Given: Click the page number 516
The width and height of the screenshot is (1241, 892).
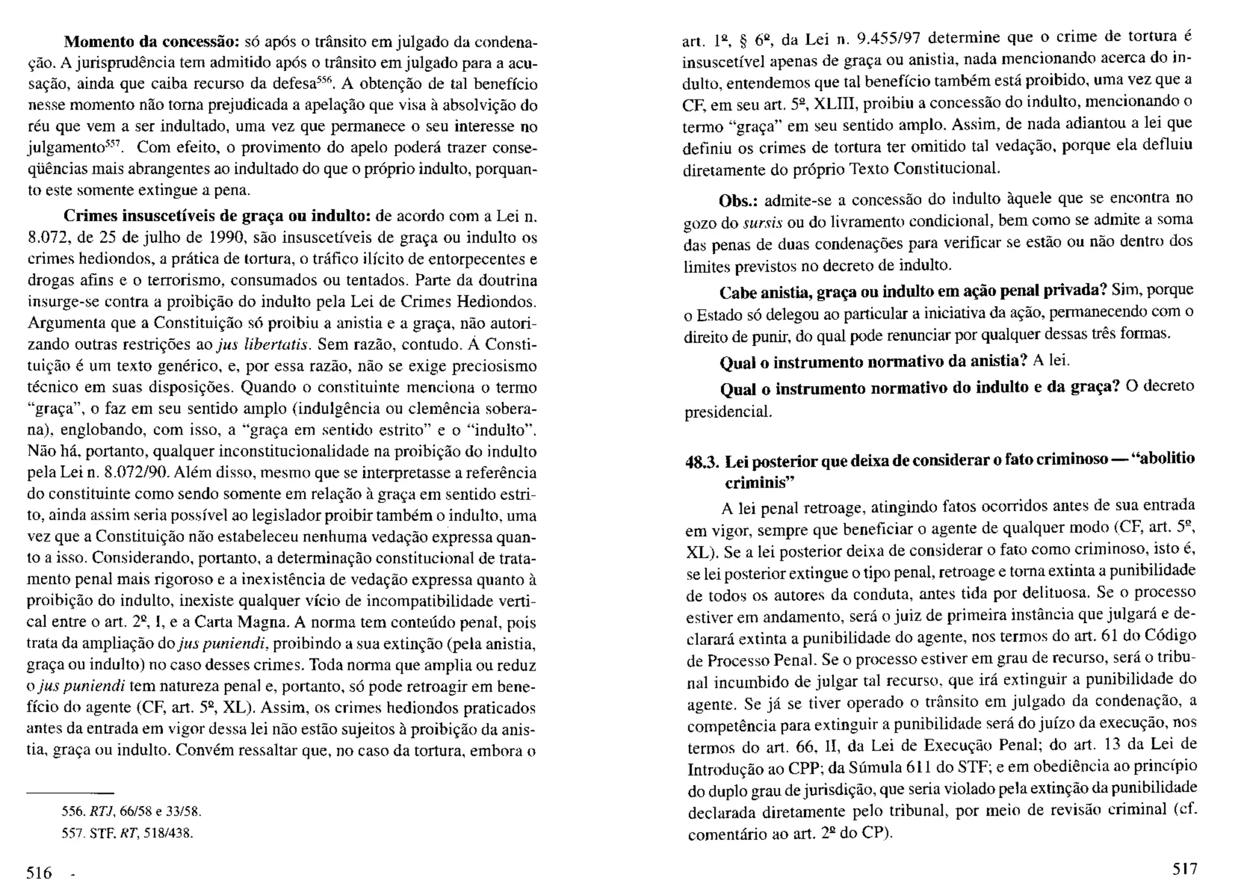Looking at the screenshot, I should tap(39, 873).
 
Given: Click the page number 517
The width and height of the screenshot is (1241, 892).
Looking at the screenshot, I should tap(1185, 869).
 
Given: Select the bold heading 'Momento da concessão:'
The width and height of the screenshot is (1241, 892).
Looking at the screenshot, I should tap(153, 42).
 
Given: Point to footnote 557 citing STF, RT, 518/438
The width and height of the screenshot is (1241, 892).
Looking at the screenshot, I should tap(128, 833).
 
